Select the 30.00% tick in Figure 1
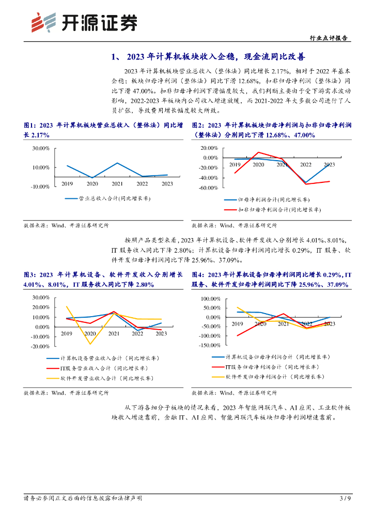(41, 148)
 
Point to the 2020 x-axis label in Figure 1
(92, 183)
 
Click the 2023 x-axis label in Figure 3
(161, 334)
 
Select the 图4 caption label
(199, 274)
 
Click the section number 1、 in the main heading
(116, 57)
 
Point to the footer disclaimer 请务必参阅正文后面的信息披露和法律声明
(83, 498)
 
